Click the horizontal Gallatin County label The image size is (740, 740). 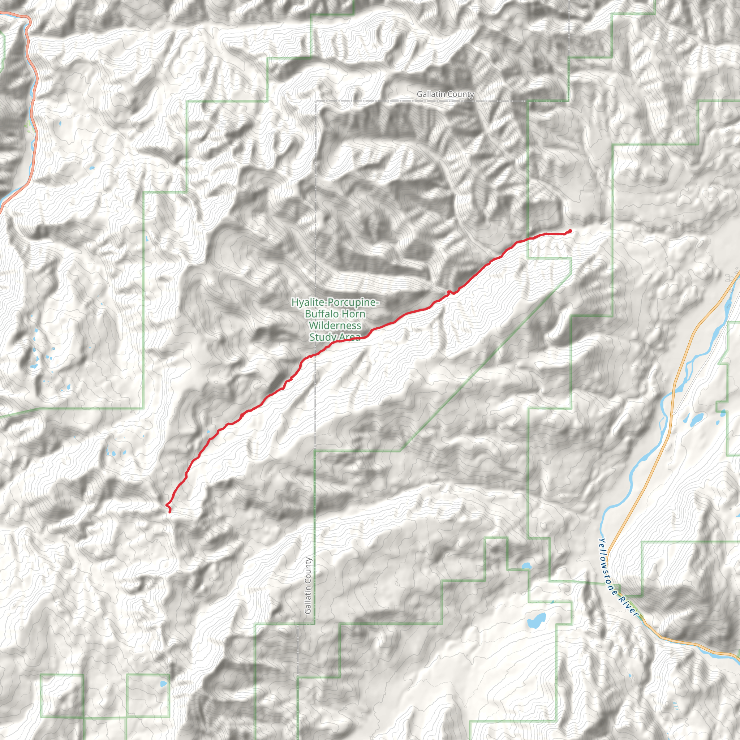tap(445, 94)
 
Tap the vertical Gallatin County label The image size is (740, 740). tap(308, 586)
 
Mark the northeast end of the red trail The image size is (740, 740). tap(570, 231)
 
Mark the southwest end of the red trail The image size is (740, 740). tap(170, 511)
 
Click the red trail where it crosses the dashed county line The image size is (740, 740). tap(315, 355)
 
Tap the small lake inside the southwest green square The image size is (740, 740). tap(164, 684)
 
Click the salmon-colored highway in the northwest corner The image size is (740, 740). tap(34, 96)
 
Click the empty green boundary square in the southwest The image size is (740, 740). tap(62, 696)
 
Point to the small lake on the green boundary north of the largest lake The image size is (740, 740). tap(526, 565)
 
